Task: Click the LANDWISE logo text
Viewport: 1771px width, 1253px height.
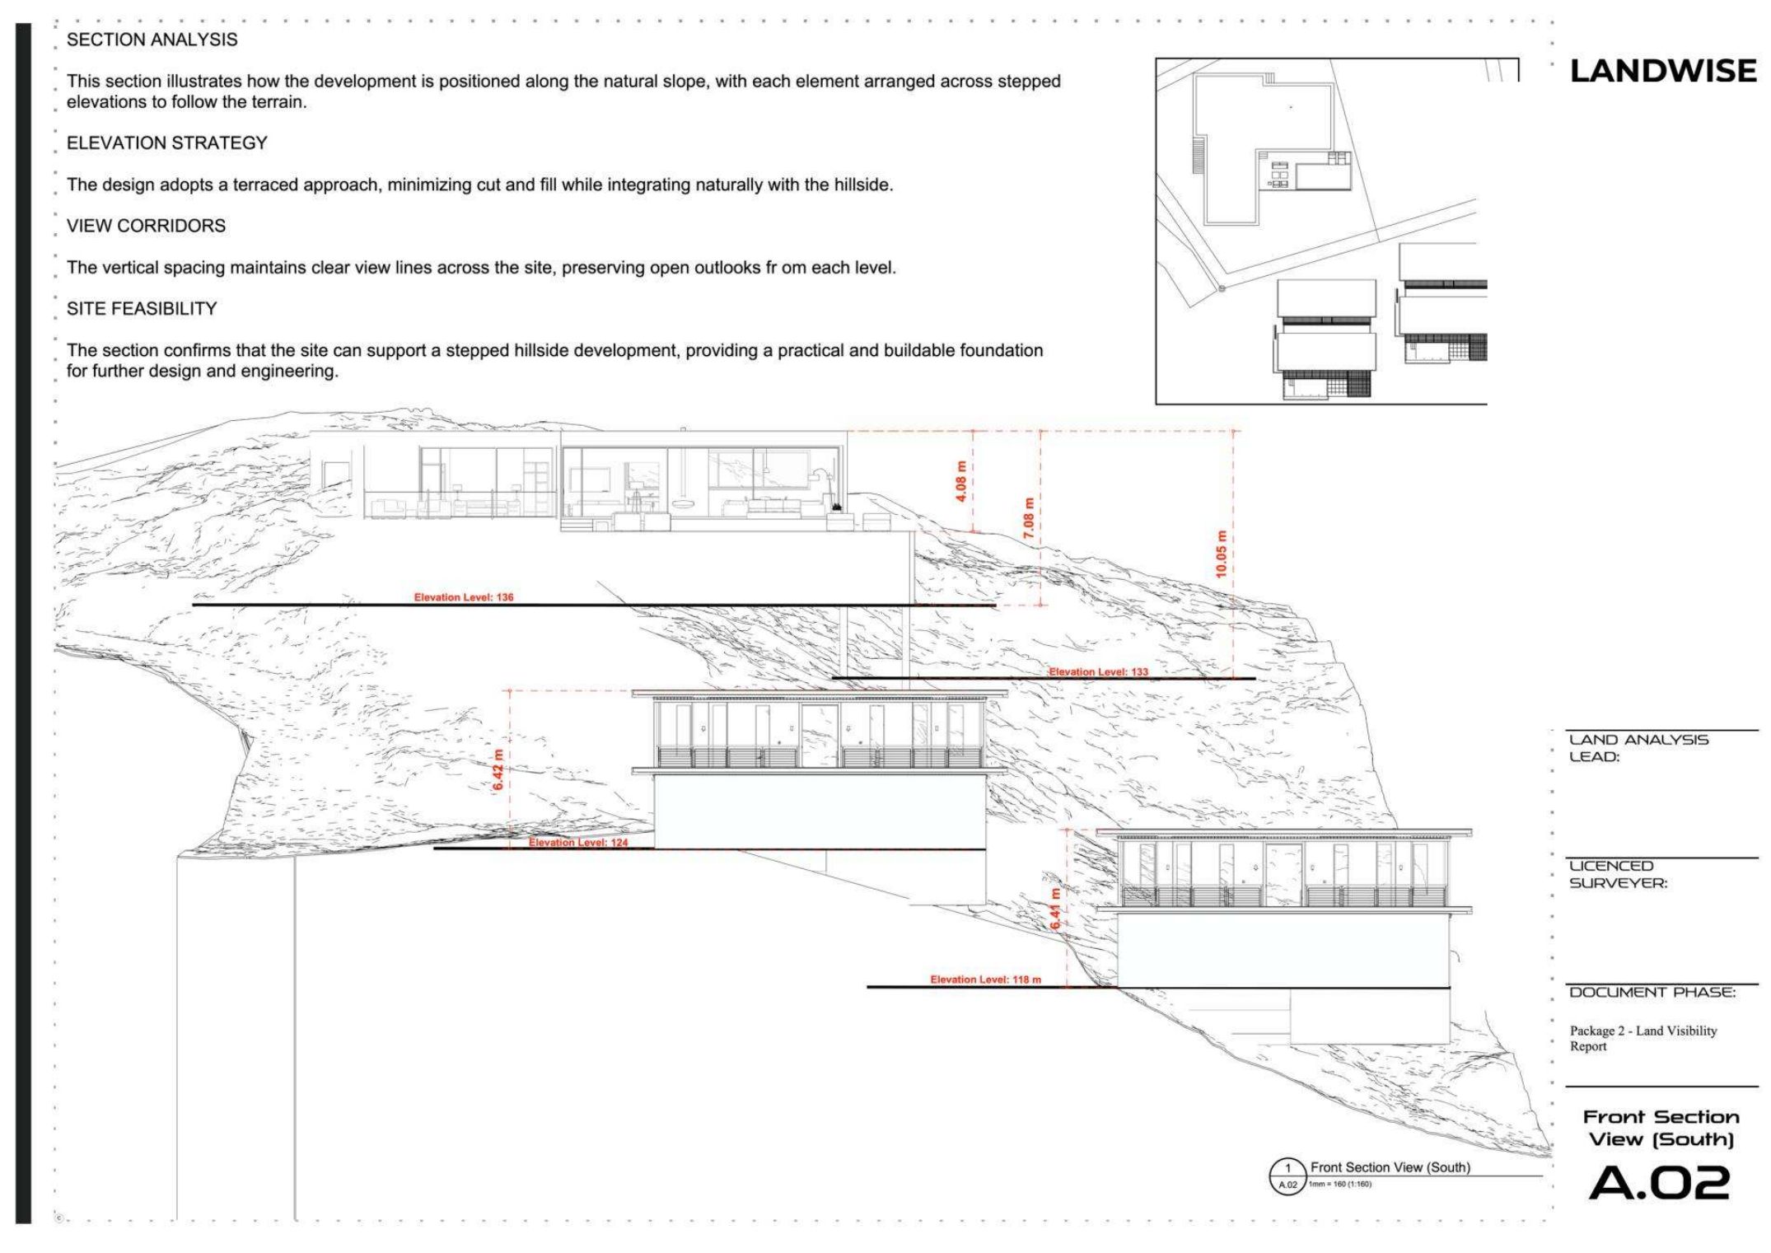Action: [1663, 71]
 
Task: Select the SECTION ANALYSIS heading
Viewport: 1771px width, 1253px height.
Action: [152, 40]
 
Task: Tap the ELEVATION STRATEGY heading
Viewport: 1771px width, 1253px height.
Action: [167, 143]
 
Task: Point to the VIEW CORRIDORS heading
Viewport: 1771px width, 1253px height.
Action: [146, 226]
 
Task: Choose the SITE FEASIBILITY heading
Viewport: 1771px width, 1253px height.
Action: [142, 308]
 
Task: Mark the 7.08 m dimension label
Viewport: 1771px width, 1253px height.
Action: [1029, 518]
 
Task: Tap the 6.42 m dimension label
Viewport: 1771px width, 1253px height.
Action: [498, 770]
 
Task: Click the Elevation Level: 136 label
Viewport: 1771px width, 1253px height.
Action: [464, 597]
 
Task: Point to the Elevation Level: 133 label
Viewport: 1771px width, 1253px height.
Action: [1098, 672]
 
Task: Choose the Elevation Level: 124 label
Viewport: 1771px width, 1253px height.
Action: [578, 843]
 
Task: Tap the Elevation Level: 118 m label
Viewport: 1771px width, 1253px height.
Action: [986, 979]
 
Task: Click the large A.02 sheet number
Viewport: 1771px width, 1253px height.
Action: [1659, 1183]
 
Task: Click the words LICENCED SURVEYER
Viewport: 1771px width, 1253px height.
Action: [1618, 874]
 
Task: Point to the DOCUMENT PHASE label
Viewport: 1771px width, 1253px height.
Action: [1652, 992]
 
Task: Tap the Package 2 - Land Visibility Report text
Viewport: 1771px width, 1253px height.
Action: [1643, 1038]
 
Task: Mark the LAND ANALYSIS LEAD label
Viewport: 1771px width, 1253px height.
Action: [1638, 748]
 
